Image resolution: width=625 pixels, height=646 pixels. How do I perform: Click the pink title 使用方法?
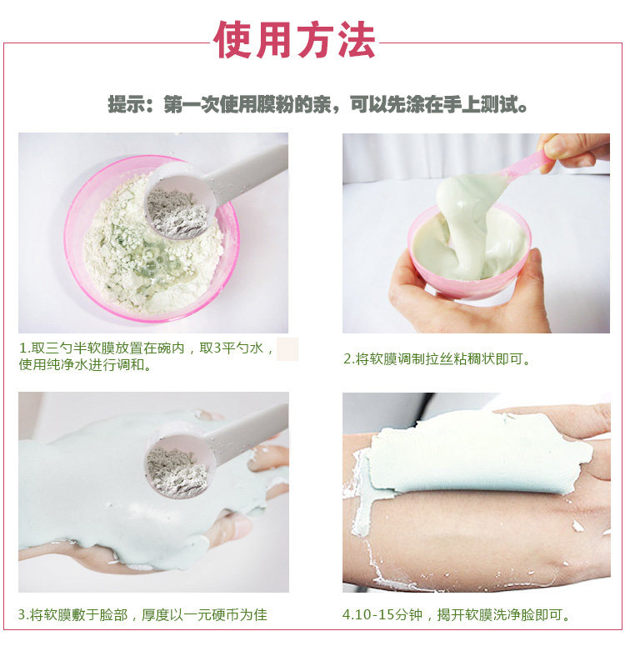click(294, 40)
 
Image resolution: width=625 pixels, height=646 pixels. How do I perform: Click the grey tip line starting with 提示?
click(317, 104)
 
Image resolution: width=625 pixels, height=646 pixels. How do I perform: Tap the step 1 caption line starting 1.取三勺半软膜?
click(147, 348)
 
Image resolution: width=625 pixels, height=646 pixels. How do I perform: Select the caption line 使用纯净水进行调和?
click(85, 364)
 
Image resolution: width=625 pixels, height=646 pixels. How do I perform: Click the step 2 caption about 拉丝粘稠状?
click(437, 359)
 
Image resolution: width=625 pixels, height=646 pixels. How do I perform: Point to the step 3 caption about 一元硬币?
click(142, 614)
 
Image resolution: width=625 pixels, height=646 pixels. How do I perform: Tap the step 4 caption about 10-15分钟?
click(456, 614)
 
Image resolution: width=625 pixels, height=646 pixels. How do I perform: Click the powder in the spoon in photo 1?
click(177, 213)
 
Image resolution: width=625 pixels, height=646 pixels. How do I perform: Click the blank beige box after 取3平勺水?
click(287, 349)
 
